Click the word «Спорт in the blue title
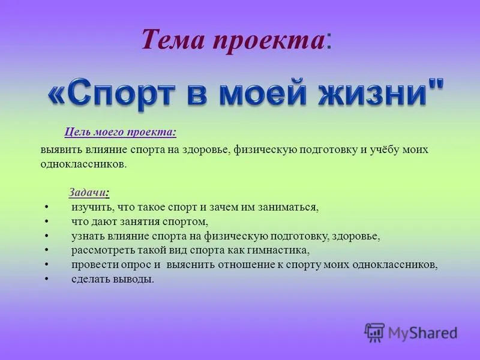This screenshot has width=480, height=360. point(111,94)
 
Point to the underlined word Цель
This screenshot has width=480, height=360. point(77,132)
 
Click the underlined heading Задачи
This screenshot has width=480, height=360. point(87,192)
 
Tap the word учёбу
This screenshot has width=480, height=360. point(384,149)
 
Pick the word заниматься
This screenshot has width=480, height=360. point(289,208)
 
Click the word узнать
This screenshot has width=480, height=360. point(88,236)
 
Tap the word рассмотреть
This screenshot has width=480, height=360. point(103,250)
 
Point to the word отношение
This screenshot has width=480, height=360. point(247,265)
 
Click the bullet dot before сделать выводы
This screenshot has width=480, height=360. point(46,279)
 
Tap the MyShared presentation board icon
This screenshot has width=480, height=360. point(374,332)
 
